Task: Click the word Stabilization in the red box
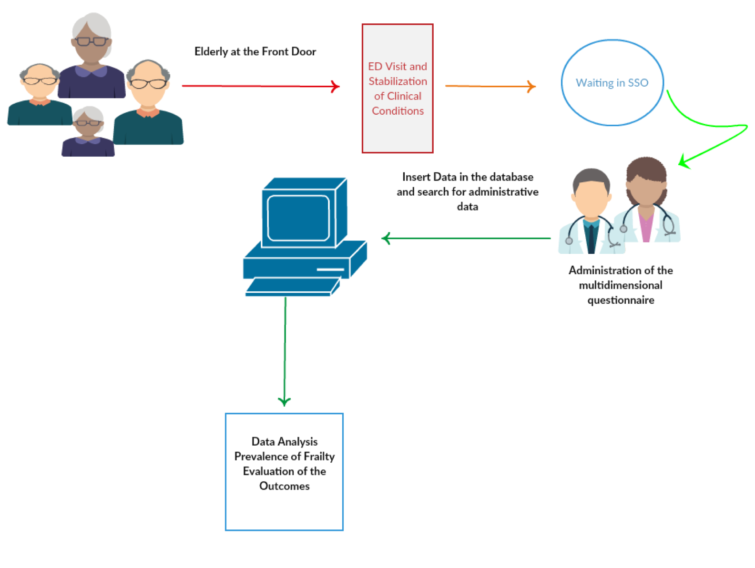[x=398, y=81]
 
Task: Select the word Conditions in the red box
[x=398, y=111]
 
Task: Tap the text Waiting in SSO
[x=612, y=83]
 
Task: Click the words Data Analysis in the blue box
[x=285, y=442]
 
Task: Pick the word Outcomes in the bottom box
[x=285, y=486]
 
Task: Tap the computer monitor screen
[x=298, y=218]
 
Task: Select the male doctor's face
[x=591, y=198]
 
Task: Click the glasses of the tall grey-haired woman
[x=92, y=41]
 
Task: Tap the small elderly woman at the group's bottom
[x=88, y=133]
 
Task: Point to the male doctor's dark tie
[x=591, y=238]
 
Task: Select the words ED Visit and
[x=398, y=67]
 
